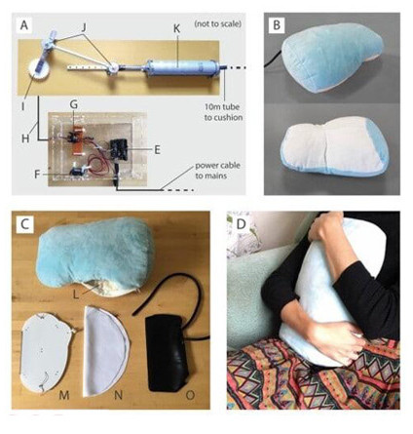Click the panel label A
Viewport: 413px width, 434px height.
(23, 25)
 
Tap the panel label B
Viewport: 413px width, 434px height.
(277, 25)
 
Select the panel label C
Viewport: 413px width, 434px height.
(24, 223)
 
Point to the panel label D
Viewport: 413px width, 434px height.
(241, 223)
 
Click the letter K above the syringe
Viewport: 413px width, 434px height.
(176, 29)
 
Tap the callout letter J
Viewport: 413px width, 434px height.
(84, 28)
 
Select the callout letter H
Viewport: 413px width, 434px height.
(25, 138)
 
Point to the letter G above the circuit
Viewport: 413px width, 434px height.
(74, 105)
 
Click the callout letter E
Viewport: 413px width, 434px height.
(157, 150)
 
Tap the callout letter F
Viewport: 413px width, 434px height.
(37, 175)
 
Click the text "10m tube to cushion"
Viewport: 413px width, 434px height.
(223, 112)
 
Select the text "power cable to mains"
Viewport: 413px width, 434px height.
(217, 171)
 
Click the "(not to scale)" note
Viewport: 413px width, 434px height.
(217, 24)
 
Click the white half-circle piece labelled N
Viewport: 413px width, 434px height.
(105, 351)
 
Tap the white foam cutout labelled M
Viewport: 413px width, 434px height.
(46, 353)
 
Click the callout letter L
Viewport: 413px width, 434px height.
(76, 295)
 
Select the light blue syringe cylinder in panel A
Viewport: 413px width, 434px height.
(181, 67)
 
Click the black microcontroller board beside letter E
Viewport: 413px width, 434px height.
(119, 150)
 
